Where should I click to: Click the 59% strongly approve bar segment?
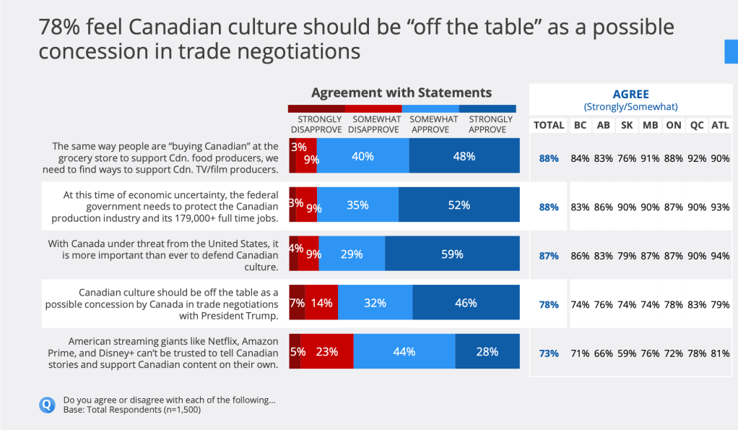pos(452,254)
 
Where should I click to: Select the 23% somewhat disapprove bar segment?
pos(327,352)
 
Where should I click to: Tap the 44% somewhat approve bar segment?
pos(404,352)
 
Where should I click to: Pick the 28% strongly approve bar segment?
pos(487,352)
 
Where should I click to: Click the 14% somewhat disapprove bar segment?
pos(321,303)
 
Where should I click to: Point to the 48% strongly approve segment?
pos(464,156)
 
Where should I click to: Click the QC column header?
pos(697,125)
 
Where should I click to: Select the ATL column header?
pos(720,125)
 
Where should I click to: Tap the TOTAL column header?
pos(549,125)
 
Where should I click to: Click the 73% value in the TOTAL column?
pos(549,353)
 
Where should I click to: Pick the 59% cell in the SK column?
pos(626,353)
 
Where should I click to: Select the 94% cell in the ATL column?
pos(720,255)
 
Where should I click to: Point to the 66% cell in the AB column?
pos(603,353)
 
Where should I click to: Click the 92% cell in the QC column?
pos(697,158)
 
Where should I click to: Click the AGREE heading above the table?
pos(630,94)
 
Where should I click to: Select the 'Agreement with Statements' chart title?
pos(401,93)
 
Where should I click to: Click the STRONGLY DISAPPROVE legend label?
pos(316,124)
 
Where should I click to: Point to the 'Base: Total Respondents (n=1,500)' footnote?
pos(131,410)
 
